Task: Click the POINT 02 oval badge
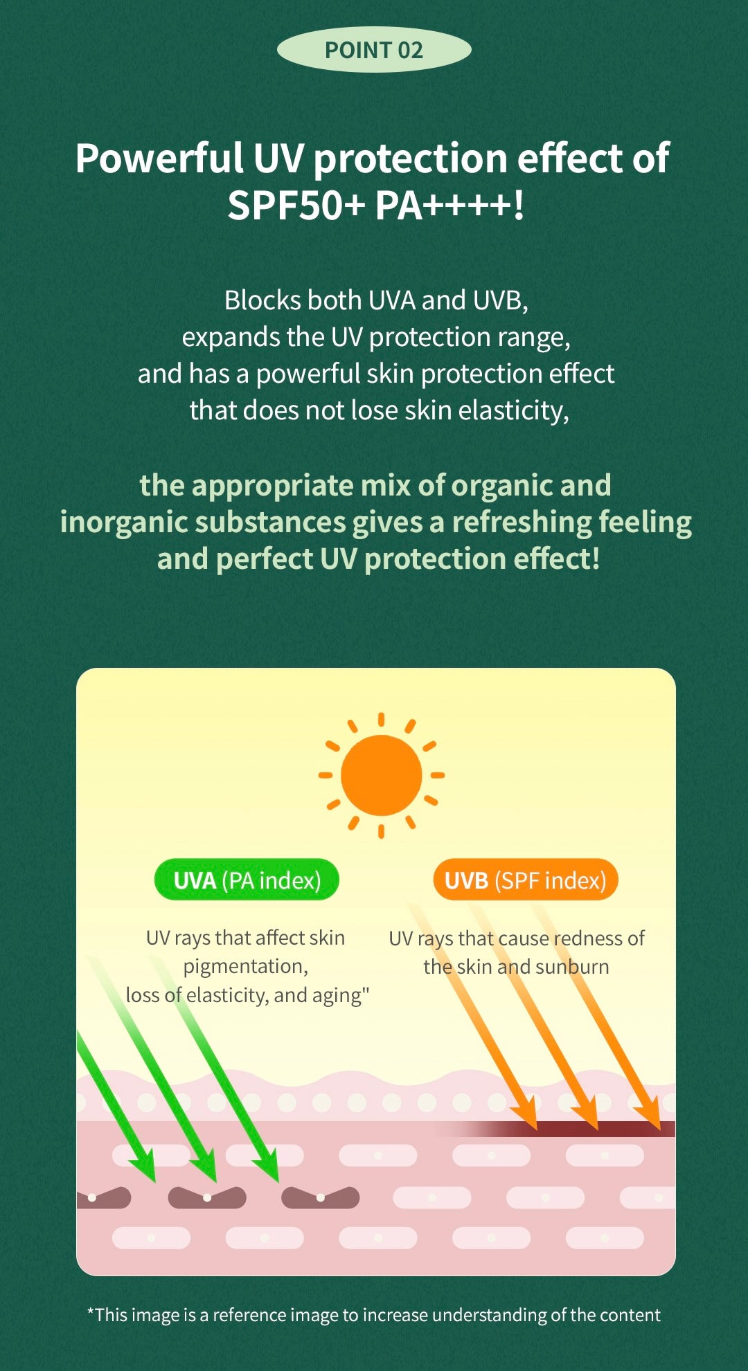click(374, 50)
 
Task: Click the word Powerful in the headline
click(159, 158)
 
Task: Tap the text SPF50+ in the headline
click(296, 206)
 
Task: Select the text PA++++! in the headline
click(449, 206)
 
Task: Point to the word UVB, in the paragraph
click(501, 300)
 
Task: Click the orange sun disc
click(381, 775)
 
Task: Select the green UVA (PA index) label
click(247, 880)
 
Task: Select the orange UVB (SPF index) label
click(526, 880)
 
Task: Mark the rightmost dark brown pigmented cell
click(320, 1197)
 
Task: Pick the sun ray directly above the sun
click(381, 720)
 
